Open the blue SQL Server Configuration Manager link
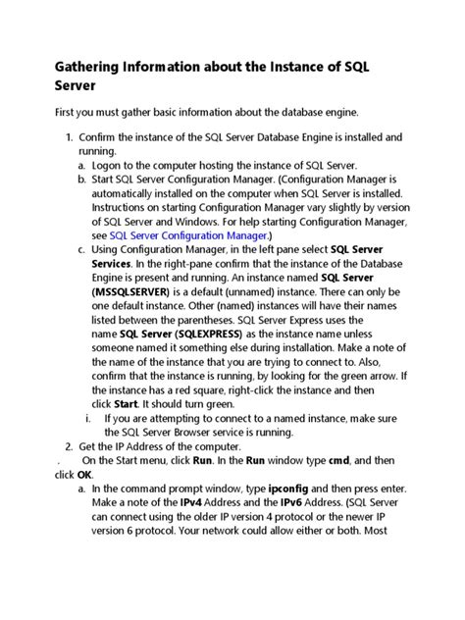pos(188,235)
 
